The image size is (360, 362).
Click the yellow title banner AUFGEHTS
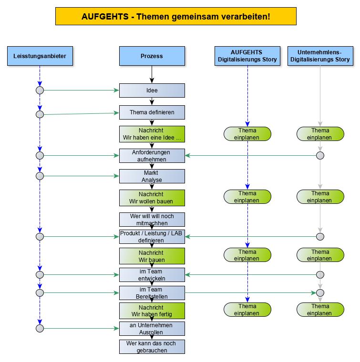click(176, 16)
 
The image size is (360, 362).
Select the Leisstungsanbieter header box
click(40, 56)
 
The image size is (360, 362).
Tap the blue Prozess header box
click(152, 56)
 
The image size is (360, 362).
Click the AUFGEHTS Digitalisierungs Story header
click(247, 56)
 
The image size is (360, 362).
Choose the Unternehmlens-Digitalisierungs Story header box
click(320, 56)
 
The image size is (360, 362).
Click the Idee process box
click(152, 90)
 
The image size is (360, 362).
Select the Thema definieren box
click(152, 112)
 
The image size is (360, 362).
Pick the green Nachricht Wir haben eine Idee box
click(152, 134)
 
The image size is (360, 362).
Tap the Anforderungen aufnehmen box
click(152, 156)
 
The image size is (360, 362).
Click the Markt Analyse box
click(152, 176)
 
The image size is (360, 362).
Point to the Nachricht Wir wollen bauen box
click(152, 198)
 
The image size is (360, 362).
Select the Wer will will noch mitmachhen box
click(152, 219)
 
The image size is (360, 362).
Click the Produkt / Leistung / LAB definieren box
click(152, 237)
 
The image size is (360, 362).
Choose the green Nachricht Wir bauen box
click(152, 256)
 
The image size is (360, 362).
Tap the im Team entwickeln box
click(152, 275)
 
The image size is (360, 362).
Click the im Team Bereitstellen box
click(152, 292)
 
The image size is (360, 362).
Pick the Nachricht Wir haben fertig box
click(152, 311)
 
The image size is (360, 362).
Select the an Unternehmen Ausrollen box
click(152, 329)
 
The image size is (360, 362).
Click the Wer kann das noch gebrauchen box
click(152, 346)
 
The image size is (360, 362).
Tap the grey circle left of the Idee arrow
click(40, 90)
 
